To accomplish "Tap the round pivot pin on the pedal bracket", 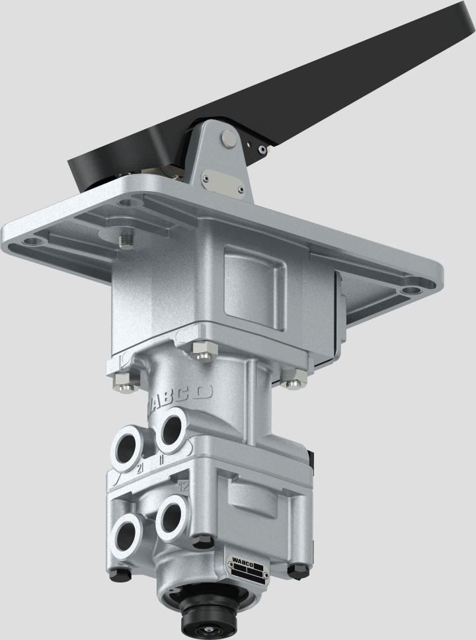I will point(229,139).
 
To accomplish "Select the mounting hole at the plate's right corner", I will point(412,289).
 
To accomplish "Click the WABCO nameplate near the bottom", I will point(247,568).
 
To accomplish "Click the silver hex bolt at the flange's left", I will point(122,380).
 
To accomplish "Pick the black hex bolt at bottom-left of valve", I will point(119,573).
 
